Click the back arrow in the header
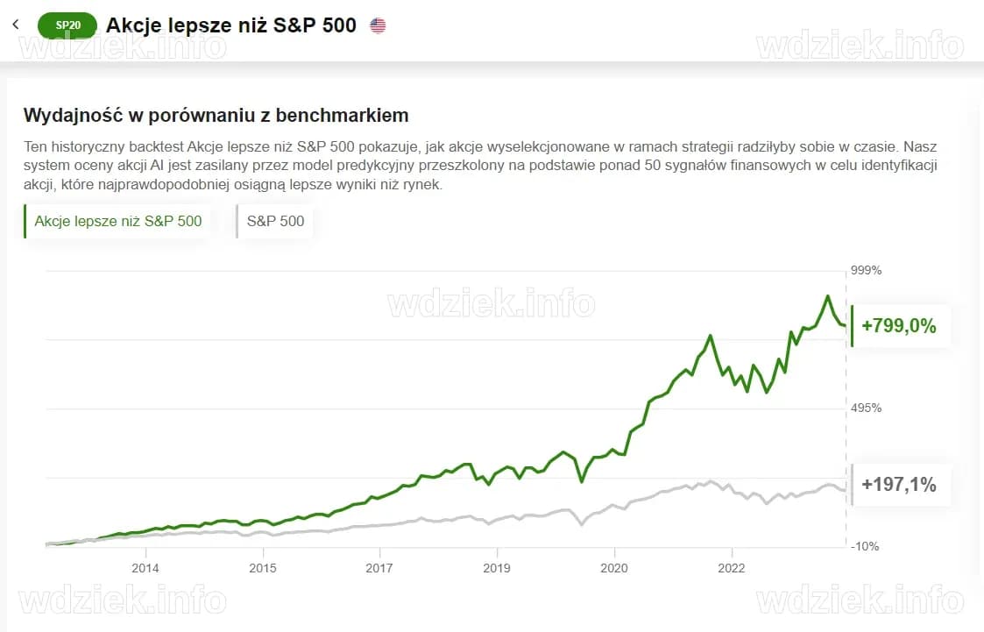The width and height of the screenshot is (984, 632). click(x=16, y=25)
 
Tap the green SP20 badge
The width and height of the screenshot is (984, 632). click(x=67, y=25)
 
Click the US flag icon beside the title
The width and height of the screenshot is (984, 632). click(x=378, y=25)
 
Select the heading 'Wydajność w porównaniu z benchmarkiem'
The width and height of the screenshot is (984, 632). click(x=216, y=115)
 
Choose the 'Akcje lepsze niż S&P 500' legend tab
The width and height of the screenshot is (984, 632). click(x=118, y=221)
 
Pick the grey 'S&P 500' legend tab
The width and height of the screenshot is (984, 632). click(x=275, y=221)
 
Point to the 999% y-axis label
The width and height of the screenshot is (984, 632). click(x=866, y=270)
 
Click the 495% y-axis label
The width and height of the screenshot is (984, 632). click(x=866, y=408)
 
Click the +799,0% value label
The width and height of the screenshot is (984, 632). click(x=899, y=327)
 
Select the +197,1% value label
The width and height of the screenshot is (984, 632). click(x=899, y=484)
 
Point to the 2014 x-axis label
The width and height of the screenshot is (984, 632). click(x=145, y=568)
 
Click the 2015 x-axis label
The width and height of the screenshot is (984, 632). click(x=263, y=568)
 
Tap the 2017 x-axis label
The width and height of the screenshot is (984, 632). click(x=380, y=568)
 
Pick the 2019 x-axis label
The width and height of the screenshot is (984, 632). click(x=497, y=568)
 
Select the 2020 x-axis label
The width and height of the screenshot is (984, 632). click(x=614, y=568)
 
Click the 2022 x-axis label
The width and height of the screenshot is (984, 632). click(x=732, y=568)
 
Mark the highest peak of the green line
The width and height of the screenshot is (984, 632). click(x=826, y=296)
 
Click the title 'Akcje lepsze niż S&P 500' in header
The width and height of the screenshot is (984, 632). click(x=231, y=25)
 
